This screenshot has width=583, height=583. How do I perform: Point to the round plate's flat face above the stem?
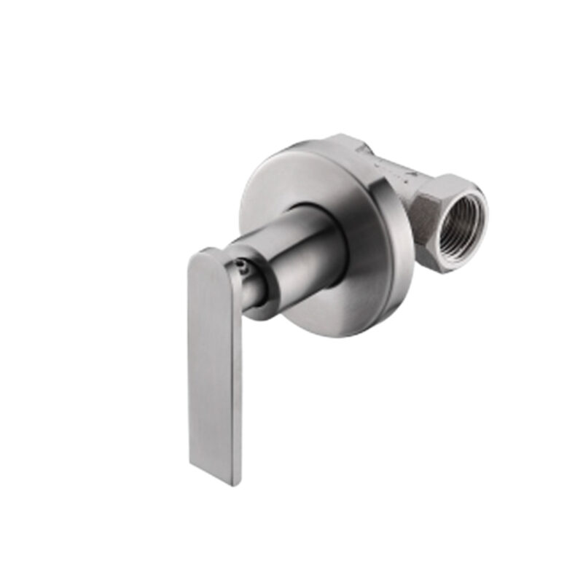click(x=291, y=175)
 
